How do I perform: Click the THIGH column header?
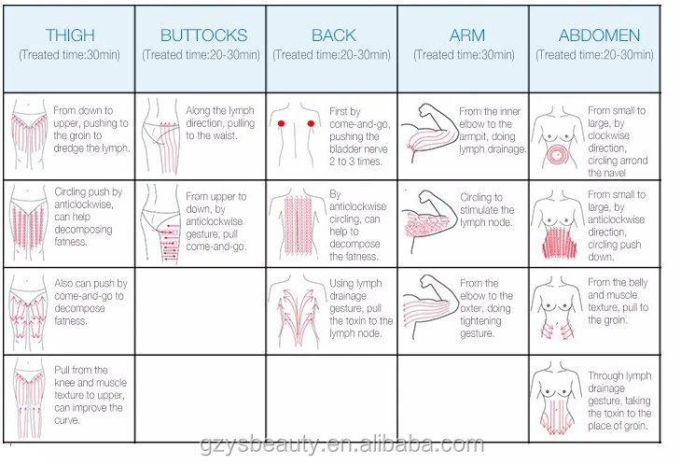(x=70, y=35)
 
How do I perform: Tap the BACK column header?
(x=333, y=35)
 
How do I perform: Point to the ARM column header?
(x=466, y=35)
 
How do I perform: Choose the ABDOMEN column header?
(x=599, y=35)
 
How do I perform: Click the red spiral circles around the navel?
(x=558, y=153)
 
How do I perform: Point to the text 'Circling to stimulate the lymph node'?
(x=487, y=210)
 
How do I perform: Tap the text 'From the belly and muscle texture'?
(x=618, y=301)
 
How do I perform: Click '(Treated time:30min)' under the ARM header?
(x=464, y=55)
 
